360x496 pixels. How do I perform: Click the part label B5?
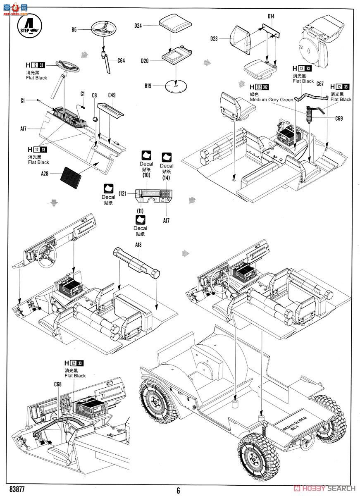click(74, 30)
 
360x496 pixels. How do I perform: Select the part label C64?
click(121, 61)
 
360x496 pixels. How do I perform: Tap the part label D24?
click(138, 26)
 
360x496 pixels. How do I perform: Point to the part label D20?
click(144, 61)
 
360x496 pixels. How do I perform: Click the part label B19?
click(148, 86)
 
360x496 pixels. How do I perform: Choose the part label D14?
click(271, 17)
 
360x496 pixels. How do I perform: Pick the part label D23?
click(214, 39)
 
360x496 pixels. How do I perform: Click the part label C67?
click(320, 84)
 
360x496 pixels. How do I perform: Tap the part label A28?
click(45, 174)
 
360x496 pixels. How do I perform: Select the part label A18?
click(138, 245)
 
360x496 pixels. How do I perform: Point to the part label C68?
click(57, 384)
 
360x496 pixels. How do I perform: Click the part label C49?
click(112, 95)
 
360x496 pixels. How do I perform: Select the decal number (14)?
click(166, 178)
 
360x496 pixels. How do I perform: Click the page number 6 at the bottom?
click(178, 491)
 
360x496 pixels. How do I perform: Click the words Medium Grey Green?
click(271, 100)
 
